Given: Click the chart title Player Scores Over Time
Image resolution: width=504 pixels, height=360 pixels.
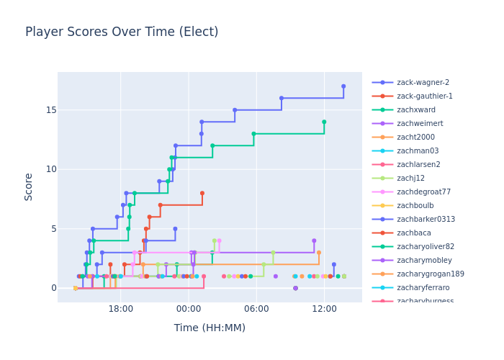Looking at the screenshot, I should point(122,32).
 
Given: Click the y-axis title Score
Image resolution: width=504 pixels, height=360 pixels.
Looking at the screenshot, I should point(29,186).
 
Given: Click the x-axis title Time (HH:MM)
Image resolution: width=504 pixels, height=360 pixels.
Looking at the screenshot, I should point(210,328).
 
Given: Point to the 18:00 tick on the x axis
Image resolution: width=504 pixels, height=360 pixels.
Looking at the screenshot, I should point(120,309).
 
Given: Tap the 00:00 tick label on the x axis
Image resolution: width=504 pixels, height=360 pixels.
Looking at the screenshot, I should point(188,309).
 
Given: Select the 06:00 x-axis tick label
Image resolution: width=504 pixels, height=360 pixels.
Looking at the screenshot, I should point(256,309).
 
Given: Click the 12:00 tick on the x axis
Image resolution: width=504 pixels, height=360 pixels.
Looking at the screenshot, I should point(324,309).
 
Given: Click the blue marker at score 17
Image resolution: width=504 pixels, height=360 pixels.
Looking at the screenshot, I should point(343,86).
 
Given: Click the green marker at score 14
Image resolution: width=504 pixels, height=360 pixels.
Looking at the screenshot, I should point(324,122).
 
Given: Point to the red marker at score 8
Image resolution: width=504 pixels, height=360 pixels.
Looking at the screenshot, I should point(202,193).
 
